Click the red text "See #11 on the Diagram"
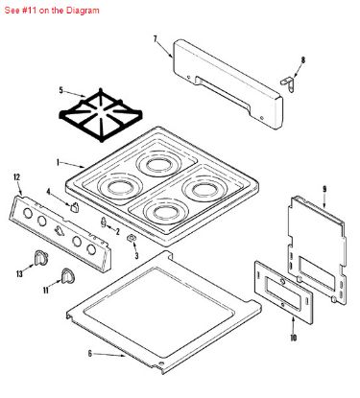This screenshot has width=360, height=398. [52, 11]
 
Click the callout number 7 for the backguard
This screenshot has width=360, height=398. [156, 39]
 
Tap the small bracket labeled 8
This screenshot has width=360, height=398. [288, 82]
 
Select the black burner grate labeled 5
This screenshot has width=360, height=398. [101, 115]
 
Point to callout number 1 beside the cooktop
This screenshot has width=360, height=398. [58, 162]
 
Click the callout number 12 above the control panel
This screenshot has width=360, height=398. [16, 177]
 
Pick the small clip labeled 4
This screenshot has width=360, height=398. [75, 207]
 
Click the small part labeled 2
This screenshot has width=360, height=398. [104, 222]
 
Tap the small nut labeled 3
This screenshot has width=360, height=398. [132, 238]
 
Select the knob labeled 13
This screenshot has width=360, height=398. [40, 258]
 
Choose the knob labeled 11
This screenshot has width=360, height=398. [68, 276]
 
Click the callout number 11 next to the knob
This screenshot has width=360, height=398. [46, 290]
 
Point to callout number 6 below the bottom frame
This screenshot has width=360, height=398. [90, 354]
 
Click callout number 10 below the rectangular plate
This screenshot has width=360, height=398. [293, 338]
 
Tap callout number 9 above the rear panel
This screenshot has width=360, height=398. [324, 189]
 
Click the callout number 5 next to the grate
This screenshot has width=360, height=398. [60, 90]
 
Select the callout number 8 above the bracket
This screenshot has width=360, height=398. [303, 59]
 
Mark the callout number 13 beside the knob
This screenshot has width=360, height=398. [19, 273]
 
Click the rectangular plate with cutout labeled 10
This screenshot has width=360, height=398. [283, 293]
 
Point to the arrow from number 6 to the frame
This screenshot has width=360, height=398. [109, 355]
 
